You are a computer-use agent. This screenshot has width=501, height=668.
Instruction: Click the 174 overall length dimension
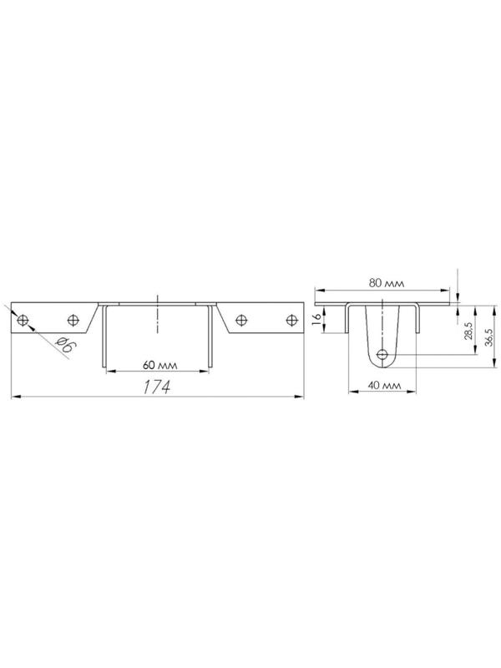156,387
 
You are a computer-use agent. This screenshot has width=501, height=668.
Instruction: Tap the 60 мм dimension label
159,365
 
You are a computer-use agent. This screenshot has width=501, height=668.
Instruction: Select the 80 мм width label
387,283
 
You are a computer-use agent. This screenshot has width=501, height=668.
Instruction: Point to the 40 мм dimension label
384,385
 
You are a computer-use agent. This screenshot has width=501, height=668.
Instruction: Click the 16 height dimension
316,320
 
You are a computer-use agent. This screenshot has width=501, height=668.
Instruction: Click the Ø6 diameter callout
64,344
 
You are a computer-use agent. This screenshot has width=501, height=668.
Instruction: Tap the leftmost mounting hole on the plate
23,320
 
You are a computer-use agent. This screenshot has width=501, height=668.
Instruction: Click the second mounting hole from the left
73,320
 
